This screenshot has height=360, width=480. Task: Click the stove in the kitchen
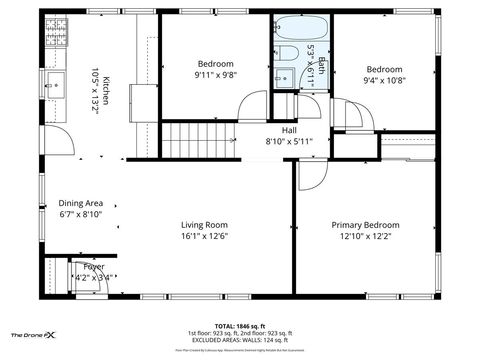pyautogui.click(x=54, y=35)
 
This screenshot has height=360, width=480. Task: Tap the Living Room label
pyautogui.click(x=204, y=225)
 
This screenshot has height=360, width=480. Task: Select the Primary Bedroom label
pyautogui.click(x=365, y=225)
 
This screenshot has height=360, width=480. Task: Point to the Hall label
pyautogui.click(x=289, y=130)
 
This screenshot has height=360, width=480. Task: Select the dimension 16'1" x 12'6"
pyautogui.click(x=204, y=237)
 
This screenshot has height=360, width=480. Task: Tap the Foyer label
pyautogui.click(x=93, y=267)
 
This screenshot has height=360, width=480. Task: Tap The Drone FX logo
pyautogui.click(x=33, y=334)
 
